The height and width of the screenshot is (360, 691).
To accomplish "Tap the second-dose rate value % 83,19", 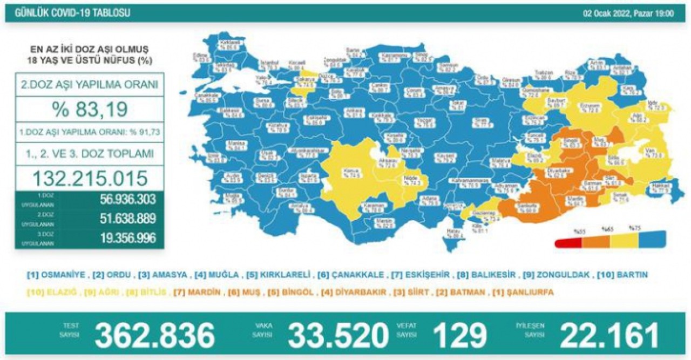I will [90, 110].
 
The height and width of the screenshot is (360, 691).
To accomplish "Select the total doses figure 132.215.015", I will [90, 178].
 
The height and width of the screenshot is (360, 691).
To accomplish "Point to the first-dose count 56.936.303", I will [127, 200].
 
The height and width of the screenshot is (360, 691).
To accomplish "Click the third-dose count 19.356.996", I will [127, 238].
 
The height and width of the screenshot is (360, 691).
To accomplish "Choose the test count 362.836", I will [155, 336].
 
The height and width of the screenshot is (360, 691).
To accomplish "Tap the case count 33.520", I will [338, 336].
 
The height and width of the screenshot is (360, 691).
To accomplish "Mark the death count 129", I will [459, 336].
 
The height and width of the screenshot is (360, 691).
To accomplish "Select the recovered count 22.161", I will [609, 336].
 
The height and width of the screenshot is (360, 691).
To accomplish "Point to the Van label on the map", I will [649, 153].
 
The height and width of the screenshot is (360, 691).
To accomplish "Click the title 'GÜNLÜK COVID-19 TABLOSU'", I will [71, 13].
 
